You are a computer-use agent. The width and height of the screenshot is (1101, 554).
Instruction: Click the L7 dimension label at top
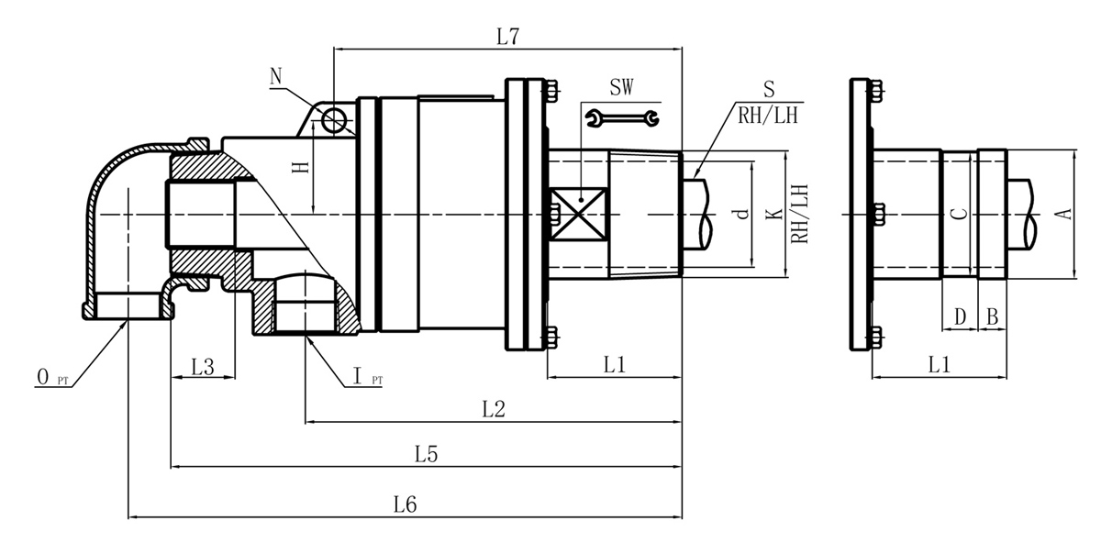(508, 38)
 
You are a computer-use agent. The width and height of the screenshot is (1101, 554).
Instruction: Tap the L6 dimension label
(406, 504)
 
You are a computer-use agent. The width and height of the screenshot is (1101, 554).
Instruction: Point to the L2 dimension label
(495, 409)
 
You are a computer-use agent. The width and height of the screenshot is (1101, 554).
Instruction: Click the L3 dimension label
(203, 367)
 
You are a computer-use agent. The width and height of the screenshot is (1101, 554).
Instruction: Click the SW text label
(622, 89)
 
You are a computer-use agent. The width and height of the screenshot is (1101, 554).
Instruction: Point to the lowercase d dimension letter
(740, 215)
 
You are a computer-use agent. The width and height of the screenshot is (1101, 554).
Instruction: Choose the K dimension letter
(773, 215)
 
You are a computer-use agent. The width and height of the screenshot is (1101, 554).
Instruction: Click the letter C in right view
(957, 214)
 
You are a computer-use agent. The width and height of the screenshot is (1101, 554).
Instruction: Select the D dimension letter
(960, 316)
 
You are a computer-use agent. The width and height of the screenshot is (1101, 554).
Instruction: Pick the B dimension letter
(992, 316)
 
